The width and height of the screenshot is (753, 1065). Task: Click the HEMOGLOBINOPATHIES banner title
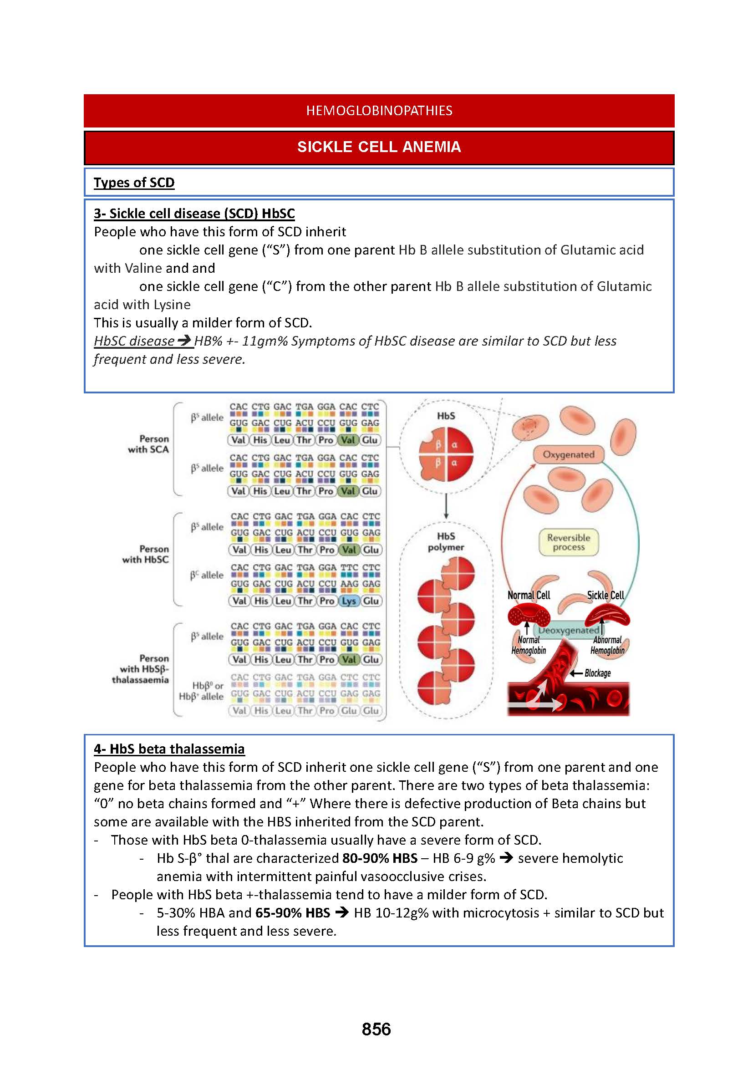(x=379, y=110)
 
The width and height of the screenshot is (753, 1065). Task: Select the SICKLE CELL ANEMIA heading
(x=379, y=147)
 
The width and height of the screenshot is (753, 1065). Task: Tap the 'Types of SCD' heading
(x=134, y=182)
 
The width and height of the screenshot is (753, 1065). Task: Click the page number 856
(x=376, y=1029)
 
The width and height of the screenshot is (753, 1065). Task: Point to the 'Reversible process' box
(x=569, y=542)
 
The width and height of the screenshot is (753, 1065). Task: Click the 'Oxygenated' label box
(x=569, y=454)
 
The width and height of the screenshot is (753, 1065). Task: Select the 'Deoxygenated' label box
(x=569, y=630)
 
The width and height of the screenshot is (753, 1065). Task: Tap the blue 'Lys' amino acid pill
(x=349, y=601)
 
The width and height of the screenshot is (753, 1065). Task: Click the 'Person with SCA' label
(x=148, y=444)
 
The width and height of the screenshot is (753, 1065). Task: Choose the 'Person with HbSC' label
(x=146, y=554)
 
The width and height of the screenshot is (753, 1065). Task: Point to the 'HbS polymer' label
(x=446, y=542)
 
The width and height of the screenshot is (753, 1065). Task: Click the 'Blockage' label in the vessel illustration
(x=597, y=673)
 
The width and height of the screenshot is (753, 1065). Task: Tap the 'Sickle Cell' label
(x=605, y=595)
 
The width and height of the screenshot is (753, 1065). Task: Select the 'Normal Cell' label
(x=529, y=595)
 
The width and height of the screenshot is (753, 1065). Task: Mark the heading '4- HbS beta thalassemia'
(x=169, y=749)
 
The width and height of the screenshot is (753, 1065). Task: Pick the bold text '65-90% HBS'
(x=293, y=913)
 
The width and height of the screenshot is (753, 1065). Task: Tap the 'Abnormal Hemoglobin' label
(x=607, y=645)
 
